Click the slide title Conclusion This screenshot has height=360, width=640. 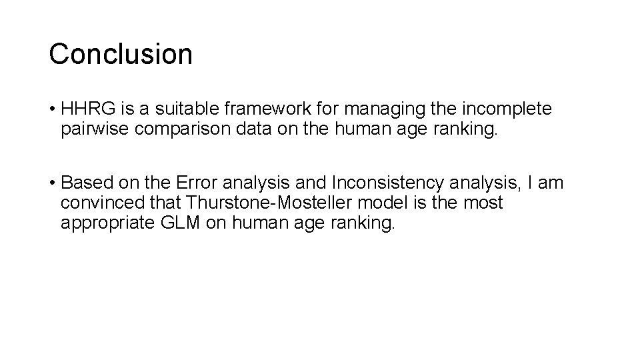point(121,54)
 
